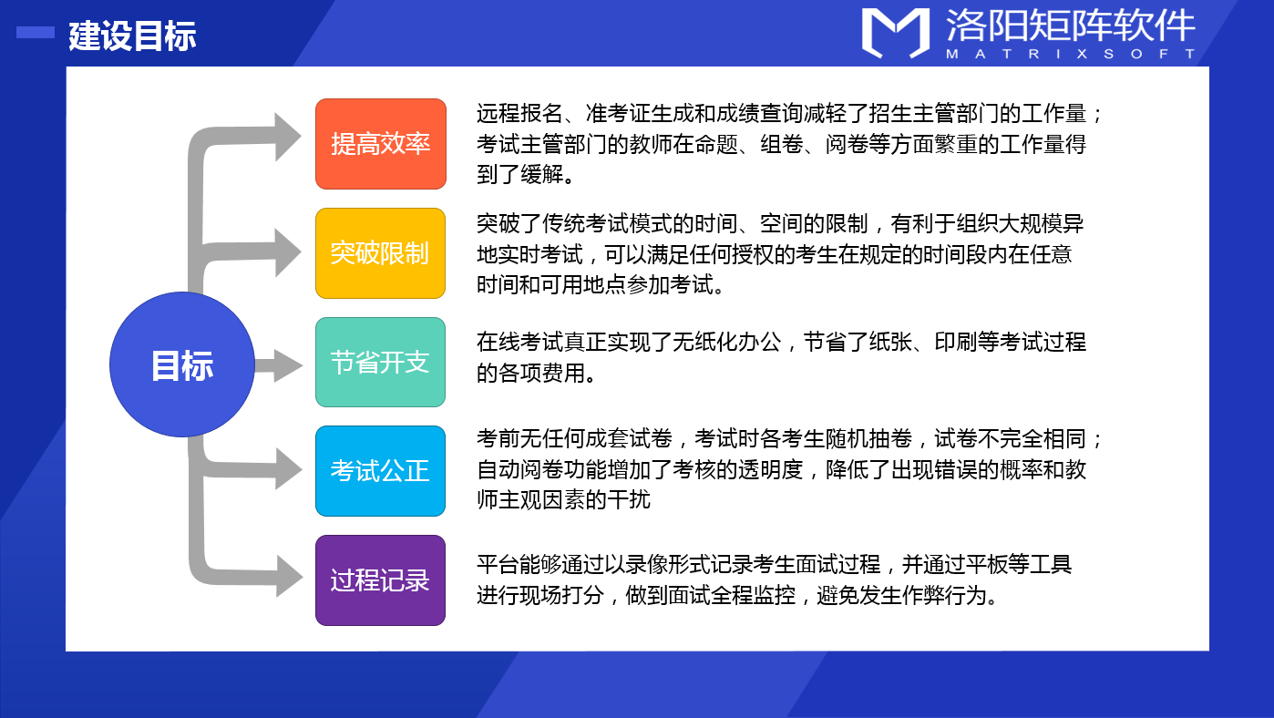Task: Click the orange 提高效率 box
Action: coord(381,144)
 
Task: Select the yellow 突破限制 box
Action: coord(381,253)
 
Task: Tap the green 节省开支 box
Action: coord(381,362)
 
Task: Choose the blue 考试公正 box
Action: coord(381,471)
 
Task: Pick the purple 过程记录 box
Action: coord(381,580)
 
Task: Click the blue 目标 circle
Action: coord(182,364)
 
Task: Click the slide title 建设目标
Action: coord(132,36)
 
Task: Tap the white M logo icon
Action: coord(896,33)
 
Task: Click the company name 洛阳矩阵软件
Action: coord(1071,26)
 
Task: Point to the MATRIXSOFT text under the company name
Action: coord(1071,54)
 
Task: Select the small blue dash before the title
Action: coord(36,33)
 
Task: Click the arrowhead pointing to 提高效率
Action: coord(288,137)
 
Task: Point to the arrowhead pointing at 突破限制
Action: coord(288,252)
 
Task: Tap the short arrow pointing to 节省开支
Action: coord(279,365)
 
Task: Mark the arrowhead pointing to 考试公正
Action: coord(288,469)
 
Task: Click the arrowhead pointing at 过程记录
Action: coord(289,577)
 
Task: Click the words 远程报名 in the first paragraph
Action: coord(519,114)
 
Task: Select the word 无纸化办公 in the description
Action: coord(727,343)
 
